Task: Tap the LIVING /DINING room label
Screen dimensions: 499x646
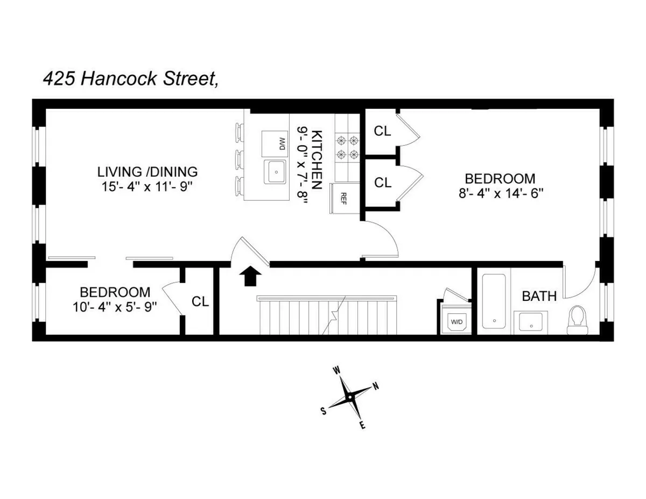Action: tap(148, 172)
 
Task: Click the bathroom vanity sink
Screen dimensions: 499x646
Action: tap(531, 323)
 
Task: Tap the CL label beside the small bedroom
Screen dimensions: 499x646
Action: tap(200, 302)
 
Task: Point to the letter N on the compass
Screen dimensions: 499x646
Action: tap(376, 386)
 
